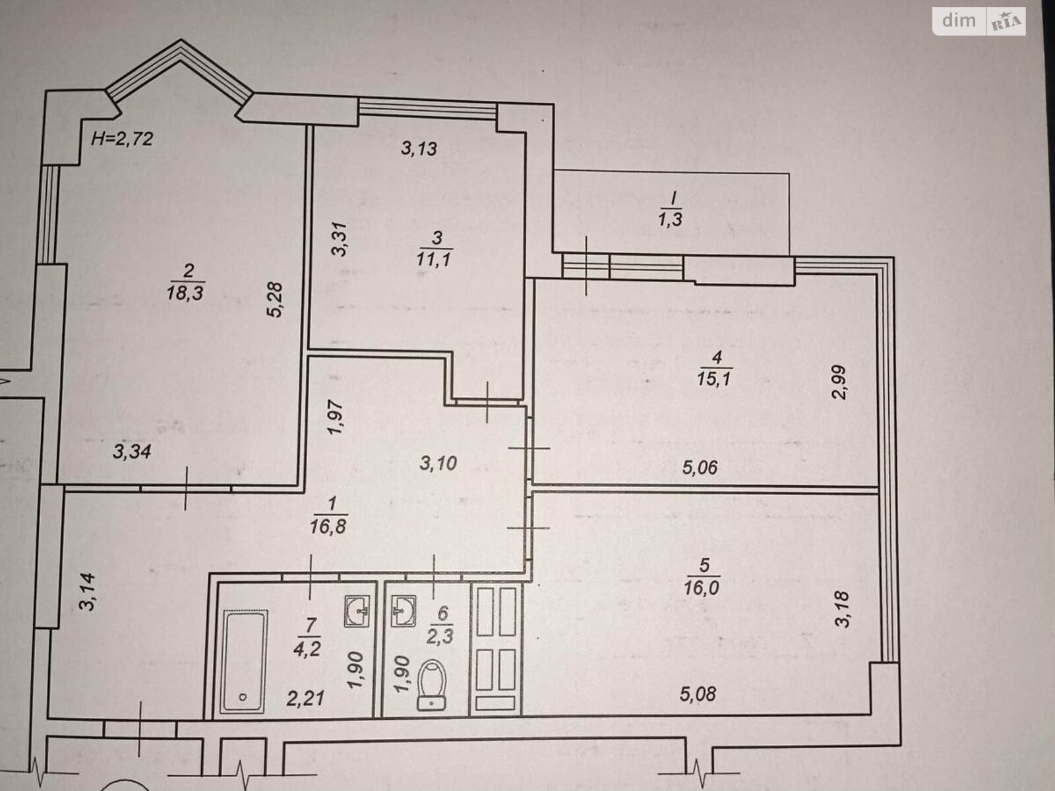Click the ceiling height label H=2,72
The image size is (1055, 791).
click(122, 139)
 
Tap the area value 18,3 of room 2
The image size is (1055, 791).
click(185, 292)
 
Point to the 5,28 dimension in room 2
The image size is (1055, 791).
click(275, 299)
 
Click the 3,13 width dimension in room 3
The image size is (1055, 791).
click(419, 148)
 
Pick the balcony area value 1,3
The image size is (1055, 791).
click(671, 219)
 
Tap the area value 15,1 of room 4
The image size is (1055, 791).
click(714, 379)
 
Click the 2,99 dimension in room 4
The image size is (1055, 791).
click(839, 382)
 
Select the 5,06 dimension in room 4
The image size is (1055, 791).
click(700, 467)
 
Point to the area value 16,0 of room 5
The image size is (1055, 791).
click(702, 587)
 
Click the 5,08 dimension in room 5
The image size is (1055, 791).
click(698, 694)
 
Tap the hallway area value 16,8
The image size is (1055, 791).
click(328, 527)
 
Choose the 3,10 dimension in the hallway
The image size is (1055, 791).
click(438, 463)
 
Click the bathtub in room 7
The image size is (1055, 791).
click(244, 661)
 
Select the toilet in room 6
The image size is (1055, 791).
click(432, 685)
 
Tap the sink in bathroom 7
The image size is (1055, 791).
click(357, 611)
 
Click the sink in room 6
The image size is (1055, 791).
click(404, 611)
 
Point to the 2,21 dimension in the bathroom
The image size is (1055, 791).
click(305, 698)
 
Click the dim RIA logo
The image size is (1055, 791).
click(979, 22)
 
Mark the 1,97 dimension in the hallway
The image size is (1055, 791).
click(335, 417)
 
